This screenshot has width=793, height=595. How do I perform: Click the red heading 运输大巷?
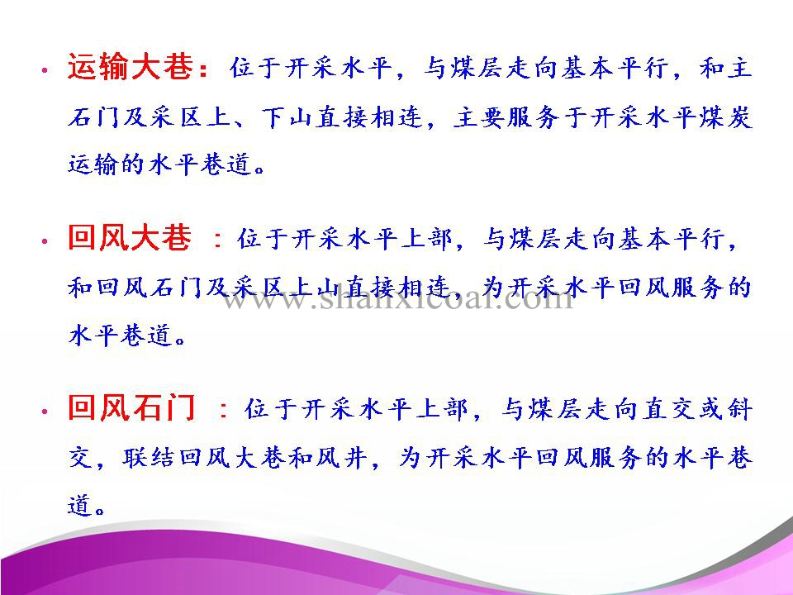(130, 66)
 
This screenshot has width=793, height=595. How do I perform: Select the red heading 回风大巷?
(130, 237)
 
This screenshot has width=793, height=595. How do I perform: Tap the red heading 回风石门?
(131, 407)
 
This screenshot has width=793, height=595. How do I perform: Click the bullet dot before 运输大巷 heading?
(45, 70)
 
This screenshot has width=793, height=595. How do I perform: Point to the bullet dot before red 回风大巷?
(45, 240)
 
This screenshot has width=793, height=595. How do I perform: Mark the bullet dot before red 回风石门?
(45, 412)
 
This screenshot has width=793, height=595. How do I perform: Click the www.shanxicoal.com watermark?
(398, 298)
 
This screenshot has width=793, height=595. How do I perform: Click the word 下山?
(287, 117)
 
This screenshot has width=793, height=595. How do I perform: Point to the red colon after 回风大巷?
(218, 239)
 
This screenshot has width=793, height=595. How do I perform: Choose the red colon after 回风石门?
(224, 409)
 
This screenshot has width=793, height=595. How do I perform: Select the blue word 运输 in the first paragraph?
(93, 164)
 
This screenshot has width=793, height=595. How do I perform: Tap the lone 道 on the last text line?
(80, 506)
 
